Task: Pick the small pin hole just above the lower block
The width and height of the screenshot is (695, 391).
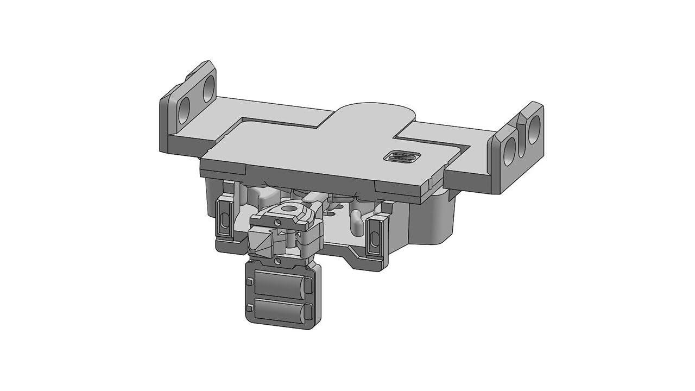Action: coord(278,261)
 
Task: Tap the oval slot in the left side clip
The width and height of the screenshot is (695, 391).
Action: coord(223,220)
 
